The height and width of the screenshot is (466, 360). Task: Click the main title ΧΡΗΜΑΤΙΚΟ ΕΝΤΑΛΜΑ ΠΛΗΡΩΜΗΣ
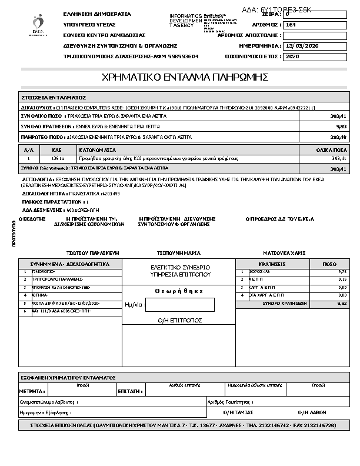pos(185,77)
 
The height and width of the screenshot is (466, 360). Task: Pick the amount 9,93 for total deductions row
pos(341,127)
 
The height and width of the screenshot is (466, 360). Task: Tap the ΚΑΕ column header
pos(58,150)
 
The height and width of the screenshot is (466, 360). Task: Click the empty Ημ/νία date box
pos(179,305)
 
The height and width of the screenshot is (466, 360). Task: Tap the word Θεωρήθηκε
pos(179,291)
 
